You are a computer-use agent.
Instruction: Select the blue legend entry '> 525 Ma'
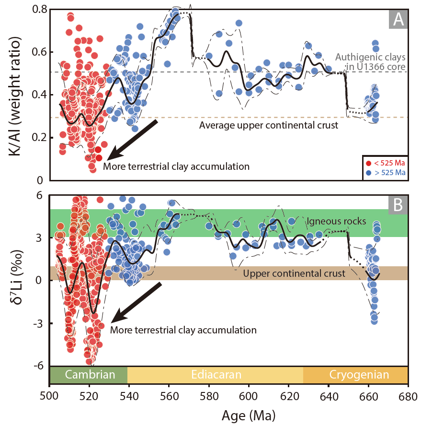coord(386,172)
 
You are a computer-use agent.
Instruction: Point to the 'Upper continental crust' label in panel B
coord(294,273)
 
